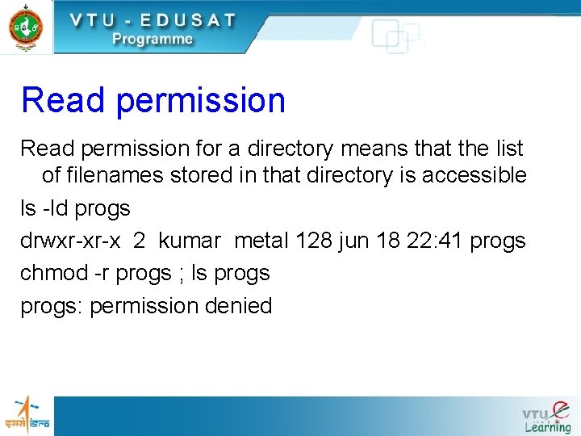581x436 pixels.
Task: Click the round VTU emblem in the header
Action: pyautogui.click(x=26, y=26)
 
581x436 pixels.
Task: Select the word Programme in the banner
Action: pyautogui.click(x=153, y=39)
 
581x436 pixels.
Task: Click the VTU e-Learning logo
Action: pyautogui.click(x=546, y=416)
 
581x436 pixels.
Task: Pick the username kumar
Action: pyautogui.click(x=189, y=241)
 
